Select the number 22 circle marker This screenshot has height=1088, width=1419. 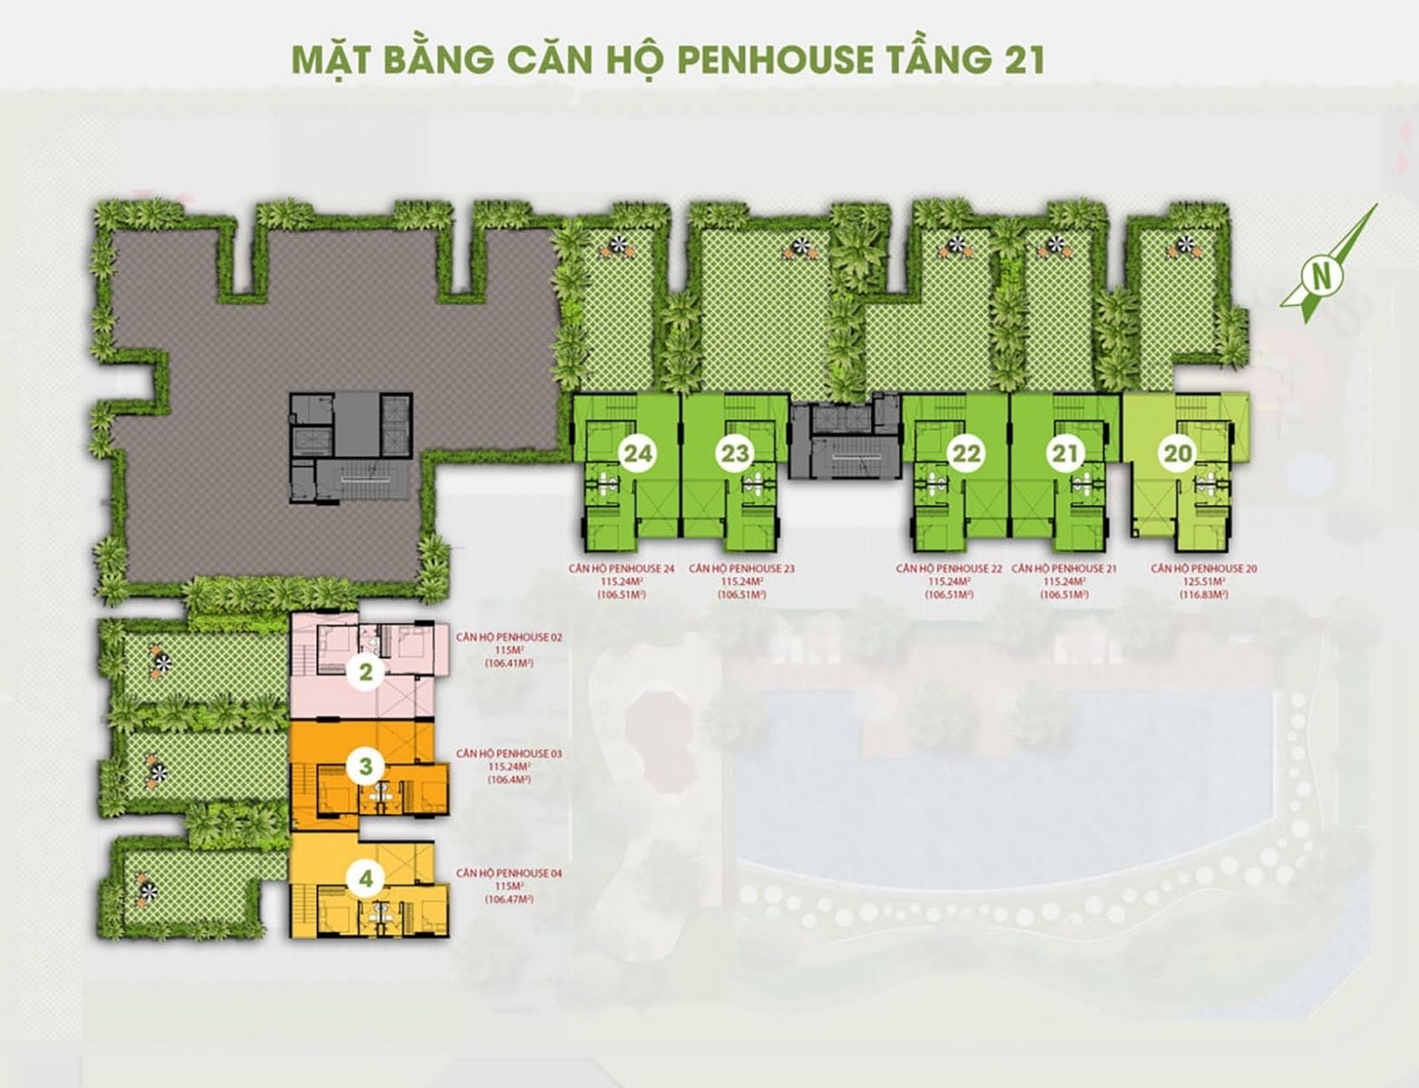[x=966, y=452]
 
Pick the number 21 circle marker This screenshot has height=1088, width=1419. [x=1065, y=452]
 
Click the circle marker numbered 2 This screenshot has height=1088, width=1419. [x=365, y=672]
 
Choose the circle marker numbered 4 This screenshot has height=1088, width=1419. [x=365, y=878]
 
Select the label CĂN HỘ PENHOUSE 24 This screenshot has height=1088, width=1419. [x=617, y=569]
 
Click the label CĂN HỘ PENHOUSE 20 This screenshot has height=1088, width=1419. [x=1203, y=569]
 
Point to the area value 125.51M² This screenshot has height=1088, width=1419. [x=1203, y=582]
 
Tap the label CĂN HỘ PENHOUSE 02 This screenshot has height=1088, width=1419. [x=509, y=637]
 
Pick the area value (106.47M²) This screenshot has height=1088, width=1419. [x=509, y=899]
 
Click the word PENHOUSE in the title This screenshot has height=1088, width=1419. [x=772, y=59]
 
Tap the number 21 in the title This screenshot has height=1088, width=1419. [x=1020, y=59]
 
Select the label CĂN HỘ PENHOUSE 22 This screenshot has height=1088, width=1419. [x=949, y=569]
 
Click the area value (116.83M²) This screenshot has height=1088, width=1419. [x=1203, y=595]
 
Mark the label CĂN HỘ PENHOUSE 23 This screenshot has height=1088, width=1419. [x=741, y=569]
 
